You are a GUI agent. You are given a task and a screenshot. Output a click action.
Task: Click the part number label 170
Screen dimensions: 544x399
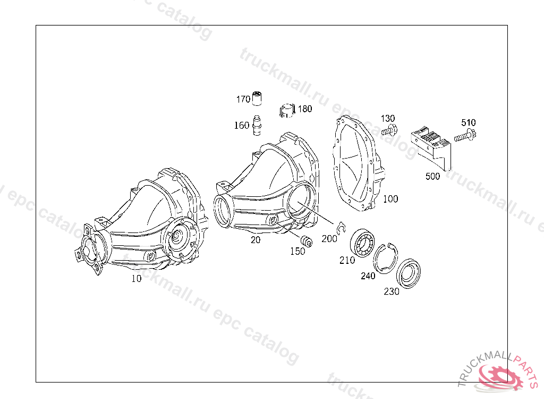click(x=243, y=99)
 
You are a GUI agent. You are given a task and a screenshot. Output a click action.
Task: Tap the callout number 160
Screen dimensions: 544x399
click(x=242, y=125)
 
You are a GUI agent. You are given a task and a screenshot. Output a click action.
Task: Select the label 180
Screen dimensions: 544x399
click(x=305, y=109)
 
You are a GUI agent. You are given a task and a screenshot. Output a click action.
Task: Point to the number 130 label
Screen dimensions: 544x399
click(x=388, y=119)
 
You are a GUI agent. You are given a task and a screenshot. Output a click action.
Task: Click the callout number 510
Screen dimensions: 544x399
click(x=469, y=122)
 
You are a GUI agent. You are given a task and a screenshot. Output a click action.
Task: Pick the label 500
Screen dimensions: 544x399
click(x=432, y=176)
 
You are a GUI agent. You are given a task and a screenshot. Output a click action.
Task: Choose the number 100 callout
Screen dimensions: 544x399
click(x=390, y=199)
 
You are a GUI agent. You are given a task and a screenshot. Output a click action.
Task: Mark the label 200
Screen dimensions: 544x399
click(x=329, y=239)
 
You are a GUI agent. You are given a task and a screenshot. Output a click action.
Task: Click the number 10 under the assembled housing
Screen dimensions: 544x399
click(x=137, y=278)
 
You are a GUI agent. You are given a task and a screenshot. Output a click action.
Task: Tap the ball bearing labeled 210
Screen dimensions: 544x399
click(x=362, y=243)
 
